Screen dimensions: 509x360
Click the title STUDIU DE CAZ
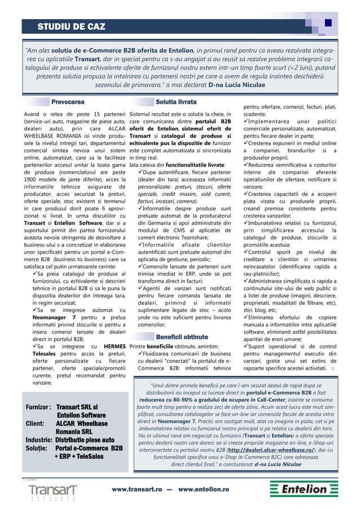pyautogui.click(x=71, y=26)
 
